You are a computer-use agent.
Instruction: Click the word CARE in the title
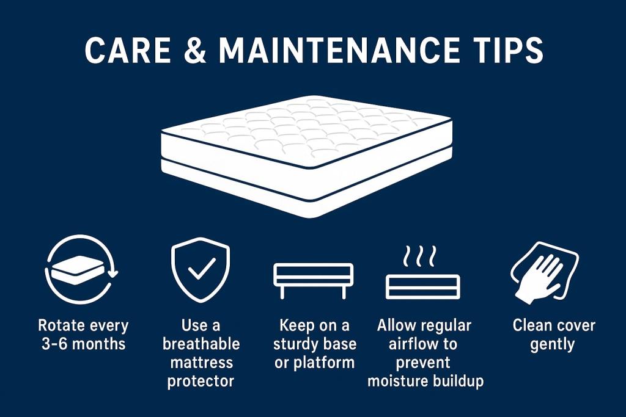128,50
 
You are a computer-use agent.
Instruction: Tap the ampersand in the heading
196,50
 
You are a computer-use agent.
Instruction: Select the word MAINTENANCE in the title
339,50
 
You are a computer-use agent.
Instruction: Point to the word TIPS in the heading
507,50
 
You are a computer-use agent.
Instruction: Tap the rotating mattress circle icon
81,269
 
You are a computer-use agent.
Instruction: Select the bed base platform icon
313,281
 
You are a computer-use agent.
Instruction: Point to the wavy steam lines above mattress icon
419,256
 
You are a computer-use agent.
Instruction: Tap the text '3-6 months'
83,344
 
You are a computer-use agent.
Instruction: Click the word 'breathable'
201,344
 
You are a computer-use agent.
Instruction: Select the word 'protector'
201,381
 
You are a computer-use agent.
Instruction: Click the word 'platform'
324,363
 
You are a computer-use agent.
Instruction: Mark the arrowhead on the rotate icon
113,273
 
